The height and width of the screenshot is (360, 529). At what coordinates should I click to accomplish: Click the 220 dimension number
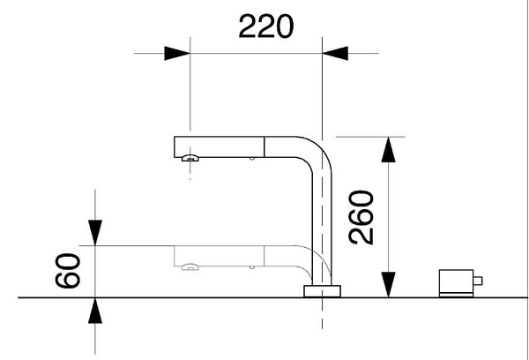tap(266, 26)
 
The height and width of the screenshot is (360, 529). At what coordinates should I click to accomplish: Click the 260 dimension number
tap(361, 217)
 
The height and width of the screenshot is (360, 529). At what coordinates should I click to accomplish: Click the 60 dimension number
tap(68, 271)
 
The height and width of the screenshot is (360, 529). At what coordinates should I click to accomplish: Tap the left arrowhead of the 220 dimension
tap(177, 53)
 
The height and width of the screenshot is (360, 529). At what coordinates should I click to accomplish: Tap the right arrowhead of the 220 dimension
tap(335, 53)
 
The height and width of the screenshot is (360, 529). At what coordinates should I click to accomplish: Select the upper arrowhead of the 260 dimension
tap(388, 150)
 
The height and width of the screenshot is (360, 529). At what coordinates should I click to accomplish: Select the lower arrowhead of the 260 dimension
tap(388, 285)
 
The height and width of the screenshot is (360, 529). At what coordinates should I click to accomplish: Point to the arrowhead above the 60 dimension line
tap(95, 233)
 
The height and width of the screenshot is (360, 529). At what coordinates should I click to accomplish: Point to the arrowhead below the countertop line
tap(95, 311)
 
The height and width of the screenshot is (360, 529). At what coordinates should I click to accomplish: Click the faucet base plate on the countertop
tap(322, 291)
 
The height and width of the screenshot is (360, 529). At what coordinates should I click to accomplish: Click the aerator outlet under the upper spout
tap(190, 158)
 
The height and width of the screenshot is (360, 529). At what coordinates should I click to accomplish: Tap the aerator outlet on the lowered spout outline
tap(190, 267)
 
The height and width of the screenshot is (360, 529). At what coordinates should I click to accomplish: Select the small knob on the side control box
tap(478, 281)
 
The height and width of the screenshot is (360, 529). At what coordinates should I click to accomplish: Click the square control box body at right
tap(456, 281)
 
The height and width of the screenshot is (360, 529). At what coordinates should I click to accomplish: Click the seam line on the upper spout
tap(264, 146)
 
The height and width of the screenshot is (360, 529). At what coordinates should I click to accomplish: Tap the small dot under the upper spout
tap(251, 159)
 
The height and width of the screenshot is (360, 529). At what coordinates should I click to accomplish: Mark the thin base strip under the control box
tap(456, 296)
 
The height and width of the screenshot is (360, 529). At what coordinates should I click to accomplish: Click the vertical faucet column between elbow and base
tap(322, 230)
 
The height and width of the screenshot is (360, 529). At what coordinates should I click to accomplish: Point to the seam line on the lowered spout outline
tap(264, 256)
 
